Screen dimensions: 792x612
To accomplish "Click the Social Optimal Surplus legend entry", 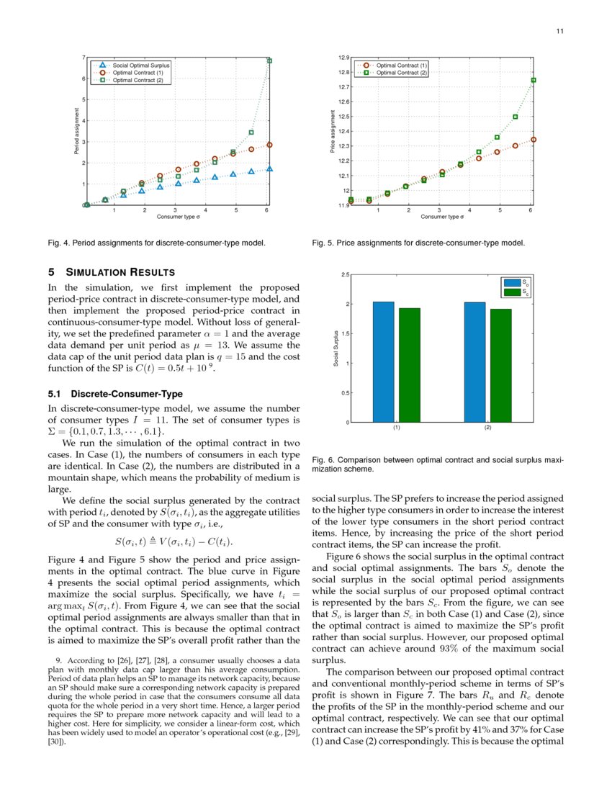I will (x=140, y=65).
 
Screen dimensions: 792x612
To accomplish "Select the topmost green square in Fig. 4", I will (x=269, y=60).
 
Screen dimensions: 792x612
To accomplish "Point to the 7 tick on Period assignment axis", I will (x=84, y=57).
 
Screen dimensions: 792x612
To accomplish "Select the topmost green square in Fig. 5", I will (x=534, y=81).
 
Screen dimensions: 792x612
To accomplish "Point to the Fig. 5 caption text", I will (x=418, y=243).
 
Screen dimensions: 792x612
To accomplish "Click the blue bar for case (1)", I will (x=383, y=361).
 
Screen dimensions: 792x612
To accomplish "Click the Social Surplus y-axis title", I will (x=336, y=348).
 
